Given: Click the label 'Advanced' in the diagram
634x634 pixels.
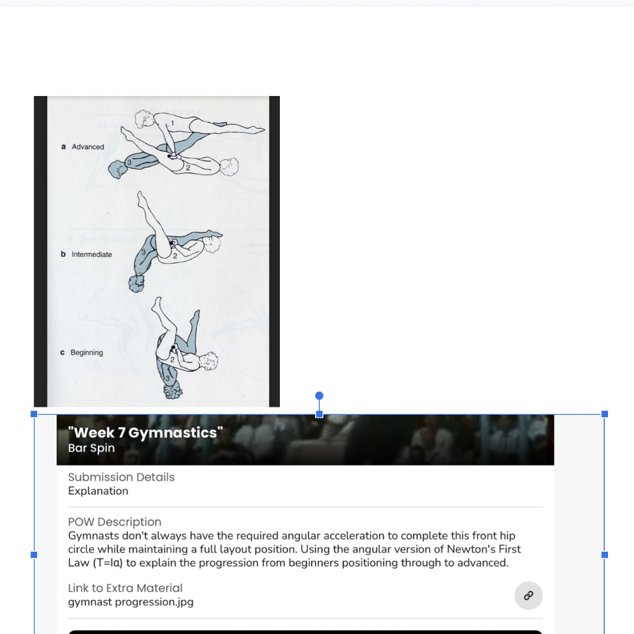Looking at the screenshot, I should tap(88, 147).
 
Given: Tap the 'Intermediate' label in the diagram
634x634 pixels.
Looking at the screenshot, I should tap(92, 254).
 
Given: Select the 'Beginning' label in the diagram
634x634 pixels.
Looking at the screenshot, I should tap(87, 352).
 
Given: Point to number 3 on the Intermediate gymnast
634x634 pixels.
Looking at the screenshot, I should tap(143, 253).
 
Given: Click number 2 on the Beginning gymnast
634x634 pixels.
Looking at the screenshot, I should tap(173, 359).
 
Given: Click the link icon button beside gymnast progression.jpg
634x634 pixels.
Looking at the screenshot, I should tap(528, 596).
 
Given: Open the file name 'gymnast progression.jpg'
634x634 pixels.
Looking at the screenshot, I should tap(131, 601).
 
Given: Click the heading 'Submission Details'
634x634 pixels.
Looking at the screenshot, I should tap(121, 477).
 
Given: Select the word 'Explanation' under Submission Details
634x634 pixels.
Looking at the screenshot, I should tap(98, 491).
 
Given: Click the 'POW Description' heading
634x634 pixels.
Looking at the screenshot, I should tap(115, 522).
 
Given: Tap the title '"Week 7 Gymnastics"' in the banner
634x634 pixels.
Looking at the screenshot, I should tap(145, 433).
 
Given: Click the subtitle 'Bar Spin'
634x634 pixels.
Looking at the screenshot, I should tap(92, 448).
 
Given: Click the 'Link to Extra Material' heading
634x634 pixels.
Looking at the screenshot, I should tap(125, 588).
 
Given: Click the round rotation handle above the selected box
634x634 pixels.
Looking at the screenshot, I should tap(319, 396).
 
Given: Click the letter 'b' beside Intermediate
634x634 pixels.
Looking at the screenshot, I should tap(63, 254).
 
